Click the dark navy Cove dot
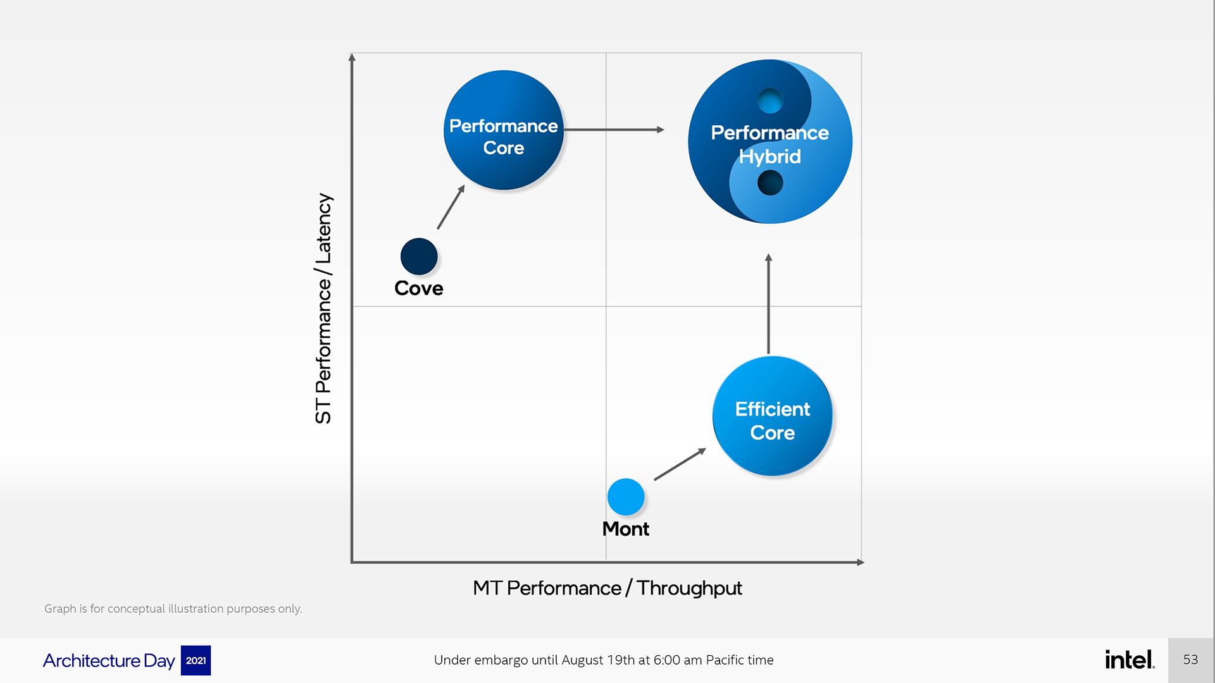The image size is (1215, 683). [x=419, y=257]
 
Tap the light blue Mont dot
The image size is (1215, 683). [x=626, y=497]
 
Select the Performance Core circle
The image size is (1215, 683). [x=504, y=130]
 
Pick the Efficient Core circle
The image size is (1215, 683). [x=772, y=416]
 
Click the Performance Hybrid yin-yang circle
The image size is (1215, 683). [x=770, y=142]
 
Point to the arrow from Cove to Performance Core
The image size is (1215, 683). [x=451, y=207]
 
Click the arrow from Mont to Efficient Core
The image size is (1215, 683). [x=680, y=464]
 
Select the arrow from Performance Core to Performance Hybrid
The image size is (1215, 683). [x=614, y=130]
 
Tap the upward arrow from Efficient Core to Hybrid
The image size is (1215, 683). [x=768, y=304]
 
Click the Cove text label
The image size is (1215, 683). [x=419, y=288]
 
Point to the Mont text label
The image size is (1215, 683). [x=626, y=529]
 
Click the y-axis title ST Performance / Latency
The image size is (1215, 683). [x=323, y=309]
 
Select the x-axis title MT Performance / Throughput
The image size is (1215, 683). [x=607, y=588]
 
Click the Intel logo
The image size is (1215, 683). [x=1130, y=660]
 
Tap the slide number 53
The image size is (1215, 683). [x=1190, y=660]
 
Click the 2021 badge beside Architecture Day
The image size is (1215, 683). [x=196, y=660]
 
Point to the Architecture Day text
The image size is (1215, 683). [x=109, y=660]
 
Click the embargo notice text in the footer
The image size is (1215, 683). [x=604, y=660]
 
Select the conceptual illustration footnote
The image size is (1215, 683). [x=173, y=608]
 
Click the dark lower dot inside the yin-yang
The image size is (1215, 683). [x=770, y=183]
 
